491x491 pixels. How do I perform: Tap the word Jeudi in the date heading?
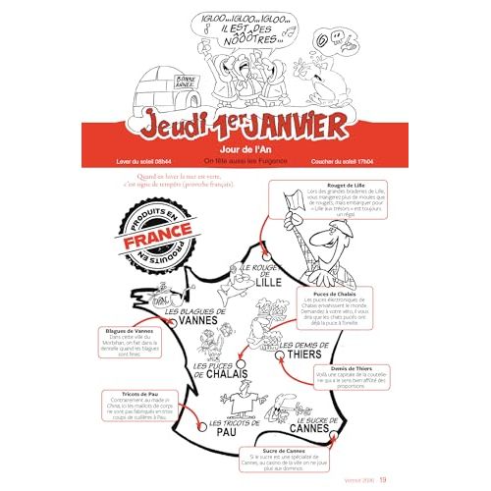(171, 126)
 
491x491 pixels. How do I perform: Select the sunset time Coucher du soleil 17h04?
(349, 159)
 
